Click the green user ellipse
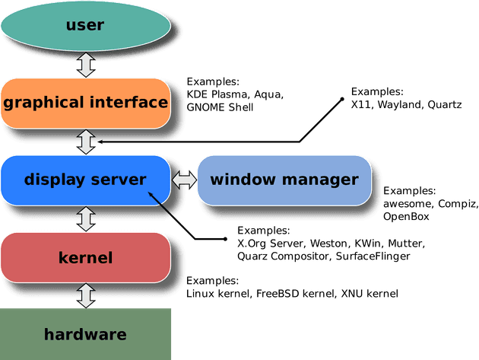coord(85,26)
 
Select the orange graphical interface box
coord(85,102)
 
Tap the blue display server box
coord(85,180)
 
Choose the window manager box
coord(284,180)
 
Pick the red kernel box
coord(85,257)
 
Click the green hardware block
coord(85,334)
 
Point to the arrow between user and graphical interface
coord(86,64)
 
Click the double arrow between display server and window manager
coord(183,180)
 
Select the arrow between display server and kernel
coord(86,218)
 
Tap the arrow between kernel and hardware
coord(86,295)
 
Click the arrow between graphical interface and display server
coord(86,141)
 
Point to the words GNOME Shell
coord(220,107)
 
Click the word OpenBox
coord(406,216)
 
